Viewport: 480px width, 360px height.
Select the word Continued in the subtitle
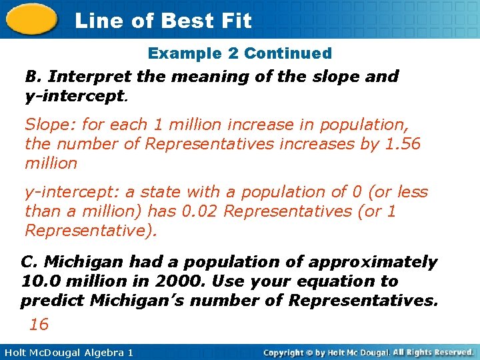coord(288,53)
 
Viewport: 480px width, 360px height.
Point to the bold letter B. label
coord(31,76)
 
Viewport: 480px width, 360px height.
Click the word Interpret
coord(82,76)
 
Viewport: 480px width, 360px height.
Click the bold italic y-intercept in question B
coord(74,95)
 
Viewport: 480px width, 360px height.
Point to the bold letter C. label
coord(29,262)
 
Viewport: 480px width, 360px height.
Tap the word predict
coord(52,301)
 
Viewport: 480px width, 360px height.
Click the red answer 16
coord(39,324)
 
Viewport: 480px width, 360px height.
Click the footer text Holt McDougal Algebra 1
coord(67,352)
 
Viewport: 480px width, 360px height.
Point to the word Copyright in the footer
coord(285,352)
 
